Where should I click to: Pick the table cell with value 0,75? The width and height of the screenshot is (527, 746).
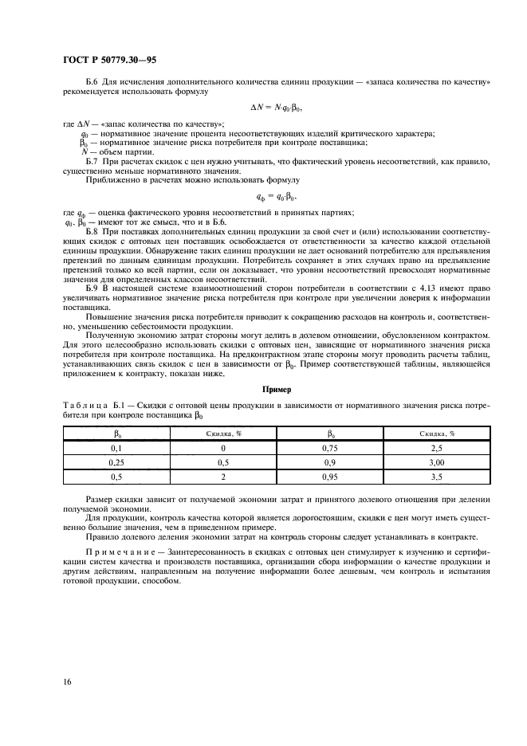pyautogui.click(x=332, y=450)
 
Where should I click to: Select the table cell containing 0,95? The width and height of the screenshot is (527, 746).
pyautogui.click(x=332, y=478)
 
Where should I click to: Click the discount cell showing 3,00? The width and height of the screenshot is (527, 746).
pyautogui.click(x=437, y=464)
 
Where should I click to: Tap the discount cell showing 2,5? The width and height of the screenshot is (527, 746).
pyautogui.click(x=437, y=450)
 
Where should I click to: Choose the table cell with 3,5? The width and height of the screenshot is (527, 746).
pyautogui.click(x=437, y=478)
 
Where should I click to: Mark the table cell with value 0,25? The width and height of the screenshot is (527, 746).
pyautogui.click(x=115, y=464)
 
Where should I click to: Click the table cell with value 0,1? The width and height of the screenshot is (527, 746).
pyautogui.click(x=115, y=450)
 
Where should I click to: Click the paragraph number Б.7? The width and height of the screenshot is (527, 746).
pyautogui.click(x=90, y=161)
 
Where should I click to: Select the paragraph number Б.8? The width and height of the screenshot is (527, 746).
pyautogui.click(x=90, y=230)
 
